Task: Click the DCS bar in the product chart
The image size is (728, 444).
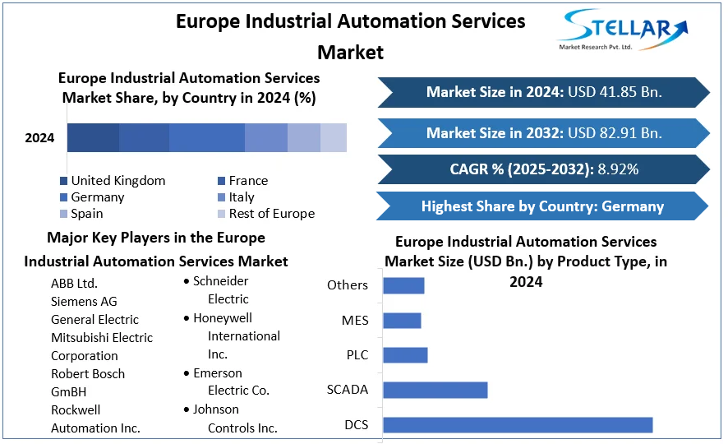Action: point(517,425)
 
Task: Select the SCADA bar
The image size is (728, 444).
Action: point(435,390)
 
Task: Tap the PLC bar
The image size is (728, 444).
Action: point(405,355)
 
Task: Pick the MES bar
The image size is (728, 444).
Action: point(402,321)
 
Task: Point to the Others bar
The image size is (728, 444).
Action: point(403,285)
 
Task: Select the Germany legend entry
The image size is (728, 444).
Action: point(97,197)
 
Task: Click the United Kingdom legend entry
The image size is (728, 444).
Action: point(117,181)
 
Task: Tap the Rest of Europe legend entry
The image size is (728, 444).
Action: point(271,214)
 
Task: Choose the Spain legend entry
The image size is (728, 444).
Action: point(86,214)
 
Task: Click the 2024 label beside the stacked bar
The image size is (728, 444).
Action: point(39,138)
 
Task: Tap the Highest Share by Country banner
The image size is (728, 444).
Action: point(542,206)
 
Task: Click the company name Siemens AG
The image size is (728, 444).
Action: point(84,302)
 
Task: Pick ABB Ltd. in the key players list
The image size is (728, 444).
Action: point(74,284)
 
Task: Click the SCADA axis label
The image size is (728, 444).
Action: point(348,390)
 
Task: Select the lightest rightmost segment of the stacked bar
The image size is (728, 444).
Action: point(334,138)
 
